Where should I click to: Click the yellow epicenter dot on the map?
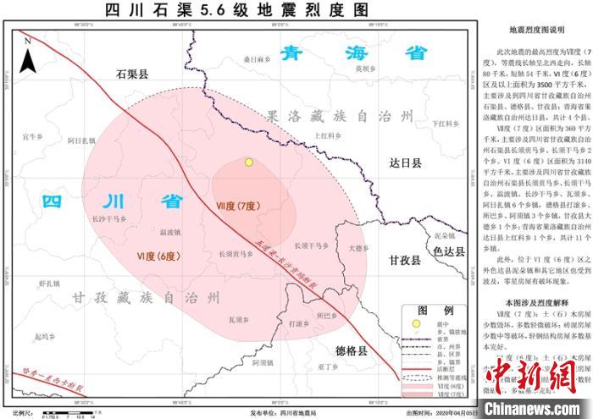(248, 163)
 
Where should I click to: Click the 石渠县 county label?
(131, 75)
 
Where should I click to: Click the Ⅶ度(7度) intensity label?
(237, 206)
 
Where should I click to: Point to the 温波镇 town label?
(170, 231)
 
